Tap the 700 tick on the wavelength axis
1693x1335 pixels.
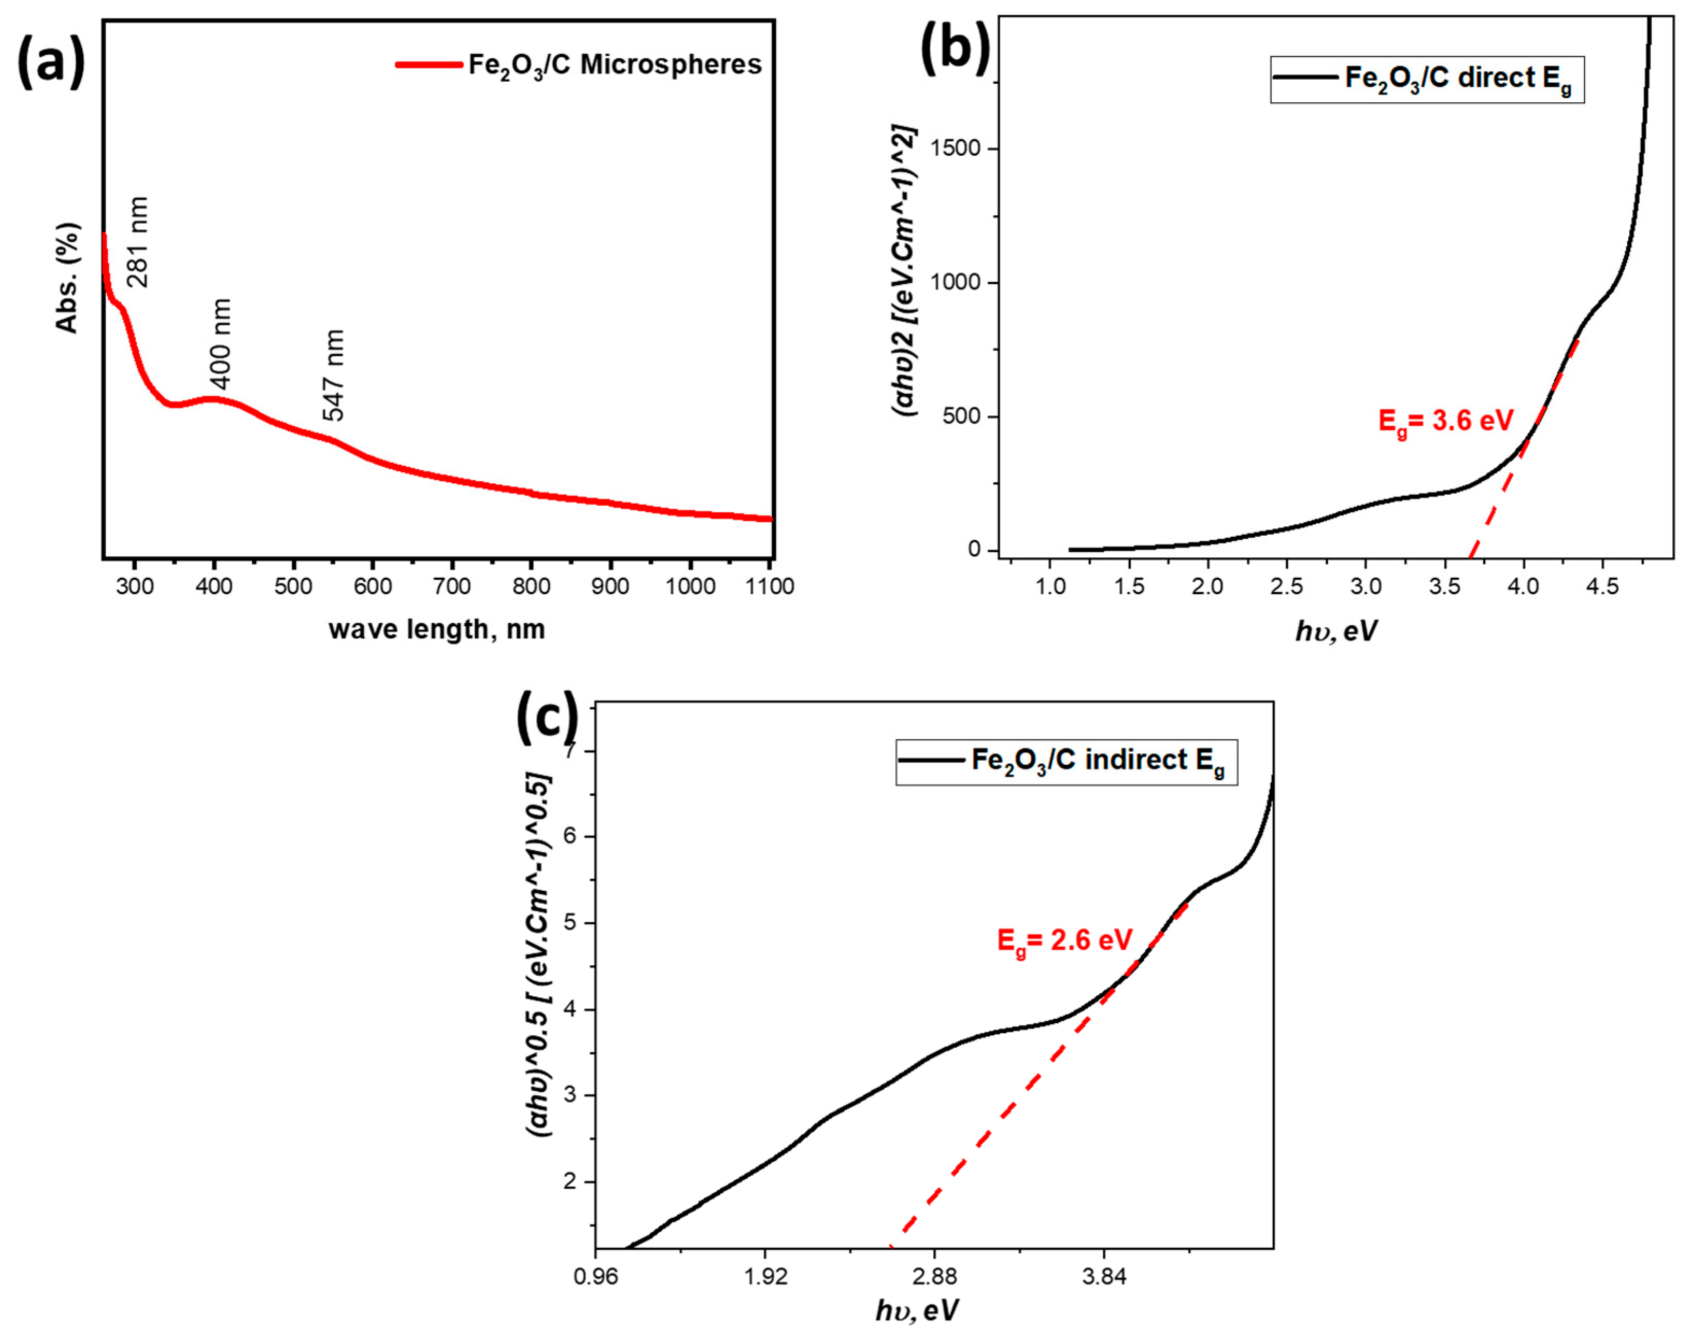click(x=452, y=586)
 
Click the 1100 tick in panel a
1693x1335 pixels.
click(x=770, y=586)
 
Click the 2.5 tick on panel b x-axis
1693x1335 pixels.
click(x=1286, y=586)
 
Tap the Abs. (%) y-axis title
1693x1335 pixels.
click(x=68, y=278)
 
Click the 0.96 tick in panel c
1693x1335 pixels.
click(x=596, y=1277)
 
